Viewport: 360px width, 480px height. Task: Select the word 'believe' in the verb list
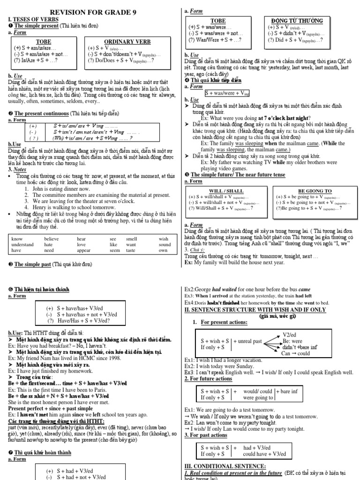click(52, 239)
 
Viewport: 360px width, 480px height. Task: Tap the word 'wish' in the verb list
click(163, 239)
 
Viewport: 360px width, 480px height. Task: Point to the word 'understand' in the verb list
click(22, 245)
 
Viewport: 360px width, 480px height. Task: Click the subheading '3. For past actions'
click(206, 435)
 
